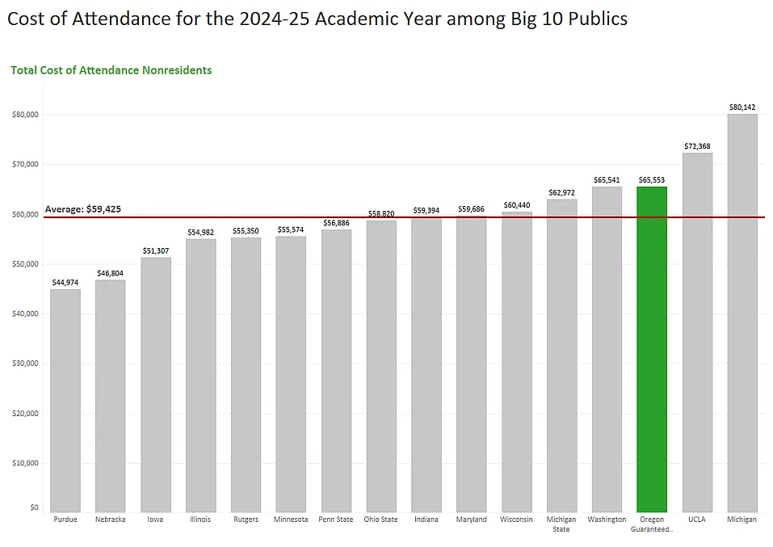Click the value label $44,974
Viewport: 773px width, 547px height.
click(x=65, y=282)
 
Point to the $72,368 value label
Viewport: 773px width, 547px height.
click(x=697, y=145)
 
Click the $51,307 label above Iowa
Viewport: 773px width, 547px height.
click(x=156, y=250)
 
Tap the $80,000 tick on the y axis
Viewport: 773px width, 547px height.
click(x=25, y=115)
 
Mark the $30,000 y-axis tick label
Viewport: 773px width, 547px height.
click(x=25, y=364)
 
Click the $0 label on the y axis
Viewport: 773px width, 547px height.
click(x=34, y=507)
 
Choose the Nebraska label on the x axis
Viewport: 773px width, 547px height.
click(x=111, y=520)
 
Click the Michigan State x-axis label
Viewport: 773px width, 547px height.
click(x=561, y=524)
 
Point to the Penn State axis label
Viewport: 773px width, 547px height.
click(x=336, y=520)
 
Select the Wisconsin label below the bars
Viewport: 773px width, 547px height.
click(x=516, y=520)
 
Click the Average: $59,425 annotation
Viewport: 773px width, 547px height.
click(x=83, y=209)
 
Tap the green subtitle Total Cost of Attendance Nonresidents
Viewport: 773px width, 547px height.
click(x=111, y=70)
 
